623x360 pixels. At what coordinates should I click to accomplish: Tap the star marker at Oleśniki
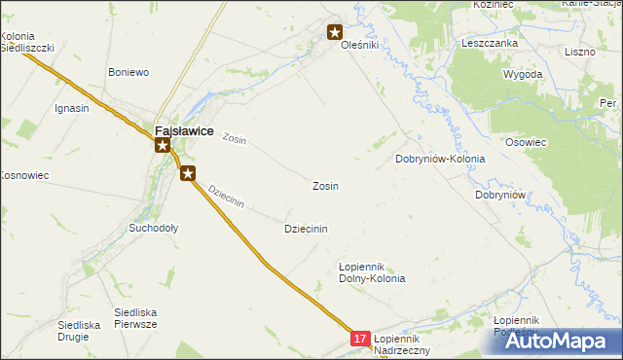[x=336, y=32]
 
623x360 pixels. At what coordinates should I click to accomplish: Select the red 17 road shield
[x=360, y=339]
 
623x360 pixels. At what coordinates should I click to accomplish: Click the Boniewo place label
[x=128, y=72]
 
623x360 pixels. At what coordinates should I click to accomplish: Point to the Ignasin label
[x=72, y=108]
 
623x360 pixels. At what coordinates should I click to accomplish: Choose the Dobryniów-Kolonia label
[x=440, y=159]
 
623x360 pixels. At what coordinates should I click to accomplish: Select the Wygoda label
[x=523, y=74]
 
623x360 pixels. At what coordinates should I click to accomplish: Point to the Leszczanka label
[x=489, y=43]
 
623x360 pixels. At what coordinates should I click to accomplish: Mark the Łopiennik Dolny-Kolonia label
[x=371, y=271]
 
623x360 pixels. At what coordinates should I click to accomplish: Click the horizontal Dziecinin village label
[x=306, y=229]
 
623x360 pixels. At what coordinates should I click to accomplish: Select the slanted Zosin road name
[x=235, y=139]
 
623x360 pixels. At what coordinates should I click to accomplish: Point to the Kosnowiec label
[x=23, y=175]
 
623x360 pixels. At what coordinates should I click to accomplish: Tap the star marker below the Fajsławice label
[x=164, y=146]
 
